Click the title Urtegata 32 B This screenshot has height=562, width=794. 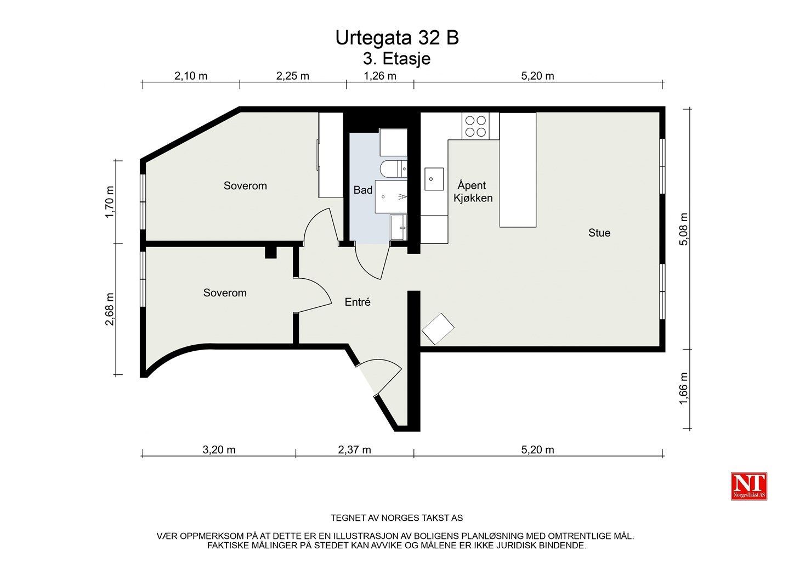click(x=397, y=38)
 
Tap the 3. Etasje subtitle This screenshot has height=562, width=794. click(x=396, y=59)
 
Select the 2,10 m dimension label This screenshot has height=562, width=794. click(x=191, y=76)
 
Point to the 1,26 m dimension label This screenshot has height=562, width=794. click(x=380, y=76)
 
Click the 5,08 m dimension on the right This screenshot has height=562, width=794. click(x=683, y=229)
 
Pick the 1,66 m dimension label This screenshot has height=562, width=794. click(x=683, y=388)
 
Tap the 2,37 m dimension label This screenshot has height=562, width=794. click(x=354, y=450)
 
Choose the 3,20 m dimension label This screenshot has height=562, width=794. click(x=219, y=450)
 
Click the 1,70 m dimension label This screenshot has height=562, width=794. click(x=110, y=202)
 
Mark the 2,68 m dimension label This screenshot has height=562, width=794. click(x=110, y=309)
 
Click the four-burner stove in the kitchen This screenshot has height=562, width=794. click(x=475, y=126)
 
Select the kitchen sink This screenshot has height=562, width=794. click(x=434, y=179)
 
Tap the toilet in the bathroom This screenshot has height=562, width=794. click(x=394, y=169)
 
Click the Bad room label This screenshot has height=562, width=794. click(x=363, y=190)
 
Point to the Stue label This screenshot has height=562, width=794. click(x=599, y=233)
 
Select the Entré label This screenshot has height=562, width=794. click(x=358, y=302)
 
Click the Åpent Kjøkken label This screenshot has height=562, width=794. click(x=473, y=192)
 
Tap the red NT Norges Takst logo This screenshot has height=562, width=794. click(x=749, y=486)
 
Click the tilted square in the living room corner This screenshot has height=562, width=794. click(x=438, y=329)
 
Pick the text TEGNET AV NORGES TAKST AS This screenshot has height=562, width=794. click(x=396, y=518)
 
